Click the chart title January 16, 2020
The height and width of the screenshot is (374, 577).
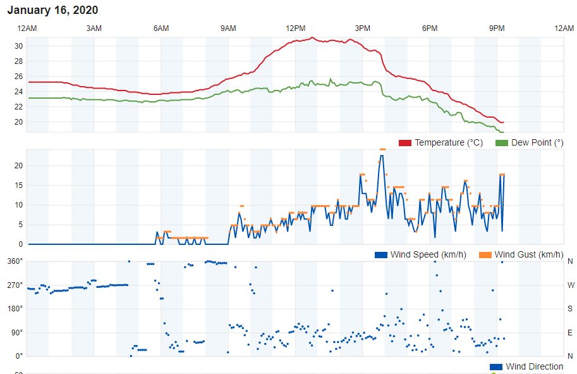[x=52, y=10]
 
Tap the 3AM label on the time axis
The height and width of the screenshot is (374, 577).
[x=94, y=28]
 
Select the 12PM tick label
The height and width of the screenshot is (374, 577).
[x=295, y=28]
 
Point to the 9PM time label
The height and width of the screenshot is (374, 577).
[x=497, y=28]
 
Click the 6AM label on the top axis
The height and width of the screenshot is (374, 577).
[x=161, y=28]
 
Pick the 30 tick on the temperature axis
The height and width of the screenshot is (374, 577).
[x=19, y=46]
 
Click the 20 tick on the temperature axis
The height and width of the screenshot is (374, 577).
[x=19, y=122]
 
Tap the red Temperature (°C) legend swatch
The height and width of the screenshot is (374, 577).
[x=405, y=143]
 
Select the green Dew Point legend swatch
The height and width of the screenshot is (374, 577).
[x=502, y=143]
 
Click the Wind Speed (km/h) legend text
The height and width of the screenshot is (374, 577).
[x=428, y=255]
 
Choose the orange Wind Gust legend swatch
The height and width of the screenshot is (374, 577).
[x=485, y=255]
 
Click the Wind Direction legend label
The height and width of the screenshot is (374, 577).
[x=535, y=367]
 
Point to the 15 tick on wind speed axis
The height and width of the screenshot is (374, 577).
[x=19, y=185]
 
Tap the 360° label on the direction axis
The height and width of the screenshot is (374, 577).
[x=15, y=261]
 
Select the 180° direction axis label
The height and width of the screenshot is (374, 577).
[x=15, y=309]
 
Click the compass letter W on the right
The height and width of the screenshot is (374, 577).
[x=570, y=285]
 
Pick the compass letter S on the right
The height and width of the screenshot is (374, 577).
[x=570, y=309]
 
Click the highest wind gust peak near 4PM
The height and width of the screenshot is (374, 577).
[x=382, y=149]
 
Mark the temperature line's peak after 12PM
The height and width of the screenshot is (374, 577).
[x=312, y=37]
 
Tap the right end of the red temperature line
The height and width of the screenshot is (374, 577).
[x=503, y=122]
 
